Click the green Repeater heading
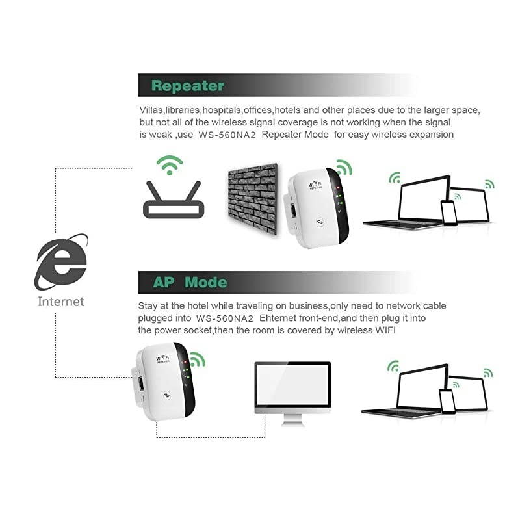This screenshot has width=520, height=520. tap(187, 86)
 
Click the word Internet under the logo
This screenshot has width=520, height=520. tap(61, 302)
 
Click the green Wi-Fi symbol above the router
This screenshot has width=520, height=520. tap(171, 165)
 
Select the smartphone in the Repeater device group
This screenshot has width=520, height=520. tap(448, 213)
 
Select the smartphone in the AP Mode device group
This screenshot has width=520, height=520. tap(447, 400)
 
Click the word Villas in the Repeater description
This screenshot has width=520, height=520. tap(151, 110)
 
